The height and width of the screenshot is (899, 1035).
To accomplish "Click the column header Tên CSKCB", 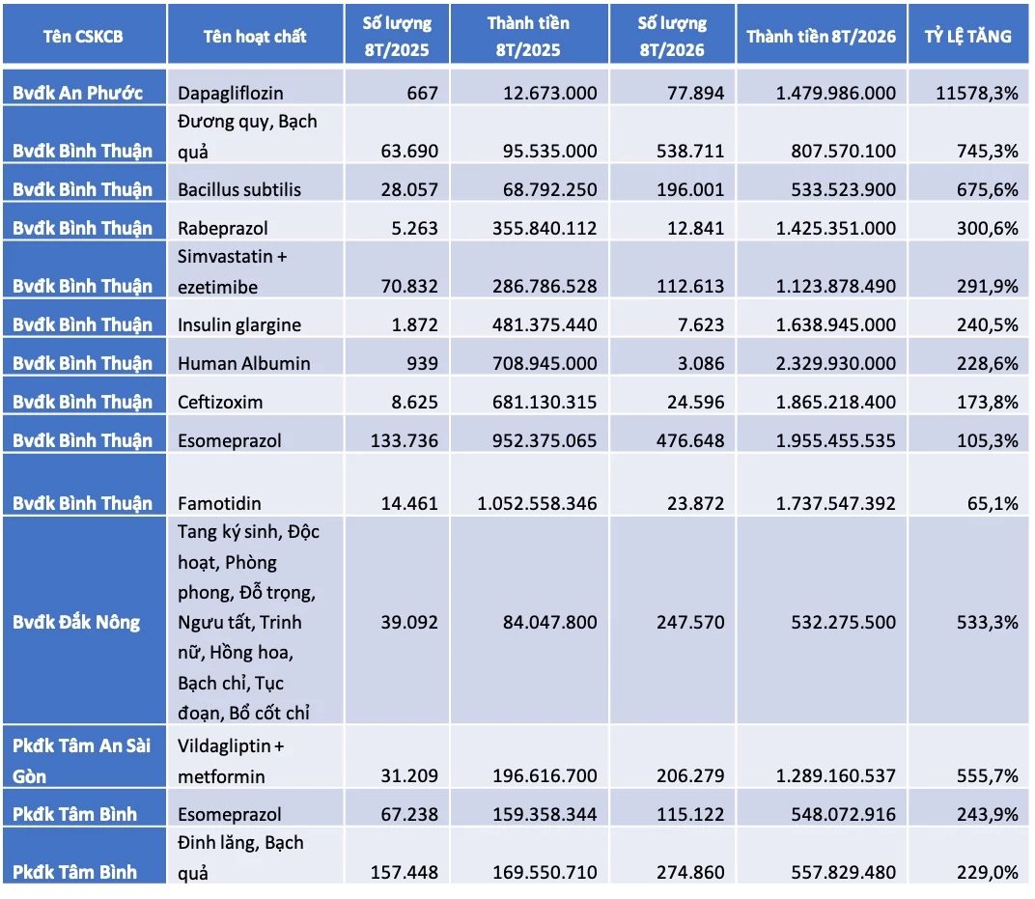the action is pos(83,37).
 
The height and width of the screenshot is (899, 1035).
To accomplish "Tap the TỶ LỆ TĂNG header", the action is pos(967,37).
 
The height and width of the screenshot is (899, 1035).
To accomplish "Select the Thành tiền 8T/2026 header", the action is pos(821,37).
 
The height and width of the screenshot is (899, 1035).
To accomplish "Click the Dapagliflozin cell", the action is pos(231,94).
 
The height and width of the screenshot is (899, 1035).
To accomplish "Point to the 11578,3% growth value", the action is pos(977,93).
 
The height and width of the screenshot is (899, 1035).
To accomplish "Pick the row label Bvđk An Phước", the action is pos(78,93).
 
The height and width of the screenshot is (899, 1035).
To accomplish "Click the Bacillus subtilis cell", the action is pos(238,190).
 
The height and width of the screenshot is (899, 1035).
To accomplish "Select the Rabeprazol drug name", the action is pos(222,229).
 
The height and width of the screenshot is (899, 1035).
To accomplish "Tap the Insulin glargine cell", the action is pos(238,324).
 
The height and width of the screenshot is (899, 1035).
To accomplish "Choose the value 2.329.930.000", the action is pos(836,363).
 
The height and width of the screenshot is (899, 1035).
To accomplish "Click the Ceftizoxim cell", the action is pos(220,402).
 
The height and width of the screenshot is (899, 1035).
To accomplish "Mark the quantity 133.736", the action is pos(404,440).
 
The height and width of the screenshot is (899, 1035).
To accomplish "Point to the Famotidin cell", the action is pos(219,504).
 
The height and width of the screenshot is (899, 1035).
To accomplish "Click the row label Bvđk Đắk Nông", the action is pos(76,622).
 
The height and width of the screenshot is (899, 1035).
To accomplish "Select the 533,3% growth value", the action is pos(988,622).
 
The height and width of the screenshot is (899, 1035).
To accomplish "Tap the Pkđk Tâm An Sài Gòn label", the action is pos(82,760).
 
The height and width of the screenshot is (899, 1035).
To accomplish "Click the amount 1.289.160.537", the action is pos(836,775).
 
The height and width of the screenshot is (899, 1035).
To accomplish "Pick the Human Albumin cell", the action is pos(243,364).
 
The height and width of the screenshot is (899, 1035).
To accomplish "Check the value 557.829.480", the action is pos(844,872).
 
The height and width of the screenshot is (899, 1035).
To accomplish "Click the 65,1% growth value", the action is pos(993,504).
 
